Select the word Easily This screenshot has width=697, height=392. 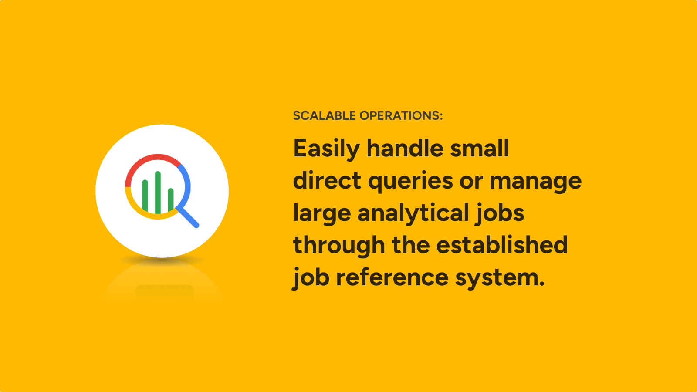point(327,149)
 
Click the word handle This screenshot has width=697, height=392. point(405,148)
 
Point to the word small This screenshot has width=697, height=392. point(480,148)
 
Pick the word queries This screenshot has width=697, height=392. point(410,182)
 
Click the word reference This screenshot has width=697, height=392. point(392,277)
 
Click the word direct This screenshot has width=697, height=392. point(327,180)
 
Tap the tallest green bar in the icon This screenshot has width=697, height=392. point(158,193)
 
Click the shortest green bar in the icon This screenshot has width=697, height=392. point(170,200)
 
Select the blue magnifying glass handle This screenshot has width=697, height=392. point(188,217)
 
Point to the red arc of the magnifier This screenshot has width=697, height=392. point(149,164)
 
